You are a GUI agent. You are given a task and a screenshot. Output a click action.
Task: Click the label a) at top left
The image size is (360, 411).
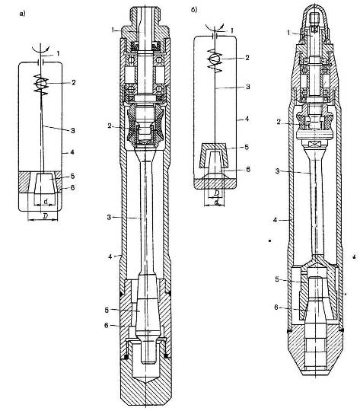22,14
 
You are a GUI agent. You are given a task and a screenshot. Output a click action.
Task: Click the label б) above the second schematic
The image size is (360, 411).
194,10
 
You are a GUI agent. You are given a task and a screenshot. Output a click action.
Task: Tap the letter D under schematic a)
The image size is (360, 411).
45,216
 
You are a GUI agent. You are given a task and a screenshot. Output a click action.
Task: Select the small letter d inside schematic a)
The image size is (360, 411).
46,201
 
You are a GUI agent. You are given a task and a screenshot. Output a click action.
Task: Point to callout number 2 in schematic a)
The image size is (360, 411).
73,82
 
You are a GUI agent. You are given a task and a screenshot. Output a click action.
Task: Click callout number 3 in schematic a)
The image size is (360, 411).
73,130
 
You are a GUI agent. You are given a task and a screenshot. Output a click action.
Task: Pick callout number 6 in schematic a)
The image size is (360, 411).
72,188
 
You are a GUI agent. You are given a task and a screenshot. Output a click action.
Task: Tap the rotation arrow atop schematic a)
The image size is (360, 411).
40,48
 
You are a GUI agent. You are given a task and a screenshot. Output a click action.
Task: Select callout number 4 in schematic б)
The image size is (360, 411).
247,119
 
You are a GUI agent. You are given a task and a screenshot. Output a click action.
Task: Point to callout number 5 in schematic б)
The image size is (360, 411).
247,147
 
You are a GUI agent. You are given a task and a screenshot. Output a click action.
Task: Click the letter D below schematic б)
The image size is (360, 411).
217,193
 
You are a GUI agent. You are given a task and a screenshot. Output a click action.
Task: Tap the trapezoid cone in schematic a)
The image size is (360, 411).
45,183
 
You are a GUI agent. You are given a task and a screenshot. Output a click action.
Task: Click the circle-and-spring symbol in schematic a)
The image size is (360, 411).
41,84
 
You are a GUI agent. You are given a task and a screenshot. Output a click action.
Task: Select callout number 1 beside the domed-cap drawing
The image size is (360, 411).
289,33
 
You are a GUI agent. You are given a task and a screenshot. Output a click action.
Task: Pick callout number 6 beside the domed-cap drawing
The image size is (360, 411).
276,307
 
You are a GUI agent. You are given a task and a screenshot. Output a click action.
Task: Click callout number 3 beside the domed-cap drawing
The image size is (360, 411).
278,171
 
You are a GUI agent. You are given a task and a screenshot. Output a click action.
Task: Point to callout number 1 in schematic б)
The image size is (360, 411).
231,31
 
